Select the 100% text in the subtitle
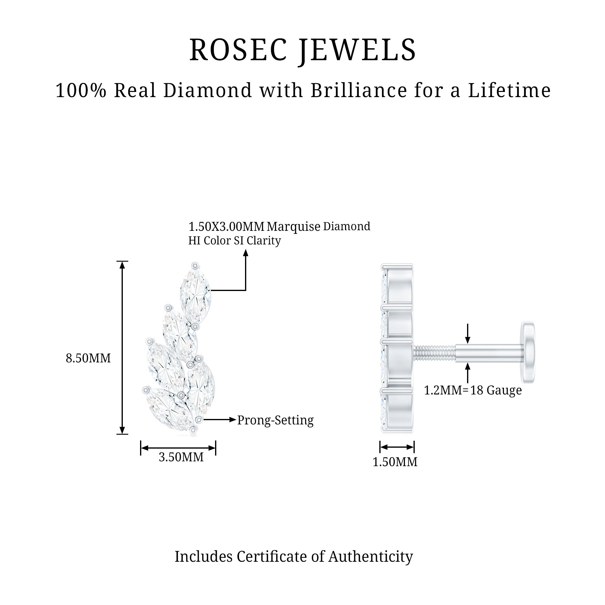[81, 90]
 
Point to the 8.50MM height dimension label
[88, 358]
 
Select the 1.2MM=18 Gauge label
[473, 390]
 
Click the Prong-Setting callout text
[275, 420]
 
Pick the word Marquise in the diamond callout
[293, 226]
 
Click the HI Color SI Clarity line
[234, 240]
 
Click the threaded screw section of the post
[434, 353]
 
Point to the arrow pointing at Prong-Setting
[219, 420]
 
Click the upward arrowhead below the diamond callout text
[246, 253]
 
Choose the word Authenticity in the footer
[371, 557]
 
